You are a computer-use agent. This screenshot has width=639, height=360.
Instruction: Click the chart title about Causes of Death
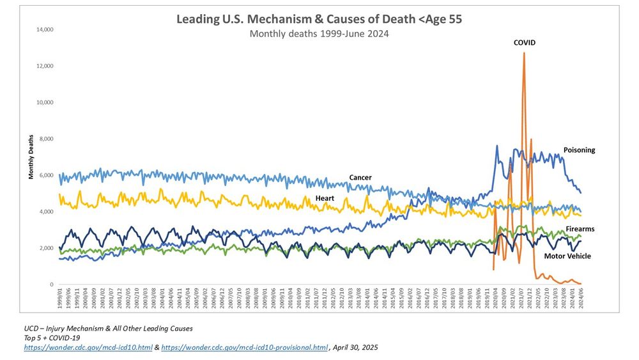click(x=319, y=19)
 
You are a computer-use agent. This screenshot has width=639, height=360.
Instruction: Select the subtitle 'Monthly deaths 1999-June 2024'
click(x=319, y=33)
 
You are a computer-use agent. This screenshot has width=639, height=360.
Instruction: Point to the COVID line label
click(x=525, y=43)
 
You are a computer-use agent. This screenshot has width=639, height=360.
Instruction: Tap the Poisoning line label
click(x=579, y=150)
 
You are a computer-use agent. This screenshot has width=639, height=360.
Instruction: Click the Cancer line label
click(x=360, y=177)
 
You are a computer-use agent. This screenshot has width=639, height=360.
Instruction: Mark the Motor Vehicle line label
click(x=567, y=256)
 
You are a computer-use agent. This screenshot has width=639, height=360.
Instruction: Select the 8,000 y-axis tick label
click(x=46, y=139)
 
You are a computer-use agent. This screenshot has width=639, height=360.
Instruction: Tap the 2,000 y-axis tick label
click(x=46, y=248)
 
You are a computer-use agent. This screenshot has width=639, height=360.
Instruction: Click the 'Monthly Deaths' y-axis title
click(x=31, y=157)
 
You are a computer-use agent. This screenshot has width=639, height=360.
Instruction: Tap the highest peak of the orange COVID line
click(x=524, y=53)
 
